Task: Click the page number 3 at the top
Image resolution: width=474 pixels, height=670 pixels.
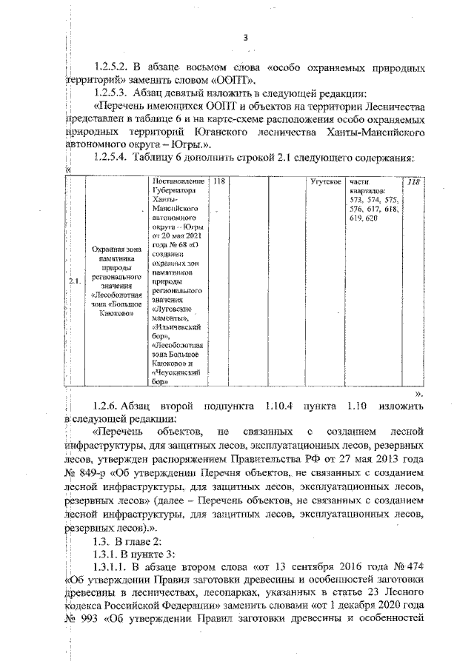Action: pyautogui.click(x=244, y=38)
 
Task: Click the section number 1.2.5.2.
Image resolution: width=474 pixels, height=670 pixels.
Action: pyautogui.click(x=118, y=67)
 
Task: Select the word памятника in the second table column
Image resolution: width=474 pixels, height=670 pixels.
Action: pyautogui.click(x=112, y=260)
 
